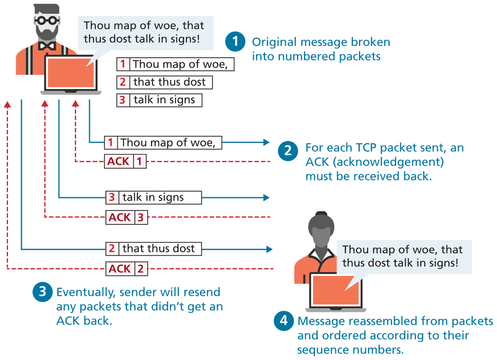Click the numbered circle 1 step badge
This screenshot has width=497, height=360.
click(235, 42)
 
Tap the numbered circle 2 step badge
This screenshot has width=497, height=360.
click(288, 151)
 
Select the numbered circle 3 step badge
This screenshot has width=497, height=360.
click(43, 292)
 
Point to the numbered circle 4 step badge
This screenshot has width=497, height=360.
click(284, 321)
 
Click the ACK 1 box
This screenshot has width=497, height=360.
click(125, 162)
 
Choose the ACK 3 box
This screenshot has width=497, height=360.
click(127, 217)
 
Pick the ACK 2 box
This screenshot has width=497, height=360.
click(127, 269)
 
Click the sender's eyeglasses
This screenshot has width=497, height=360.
click(47, 20)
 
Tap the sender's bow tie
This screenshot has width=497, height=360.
click(47, 46)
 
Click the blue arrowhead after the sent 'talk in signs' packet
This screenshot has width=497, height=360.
click(266, 197)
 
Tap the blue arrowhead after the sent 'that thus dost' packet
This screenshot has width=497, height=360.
click(269, 249)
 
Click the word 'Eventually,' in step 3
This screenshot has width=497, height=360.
click(86, 292)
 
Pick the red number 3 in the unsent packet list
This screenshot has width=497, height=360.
click(123, 100)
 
